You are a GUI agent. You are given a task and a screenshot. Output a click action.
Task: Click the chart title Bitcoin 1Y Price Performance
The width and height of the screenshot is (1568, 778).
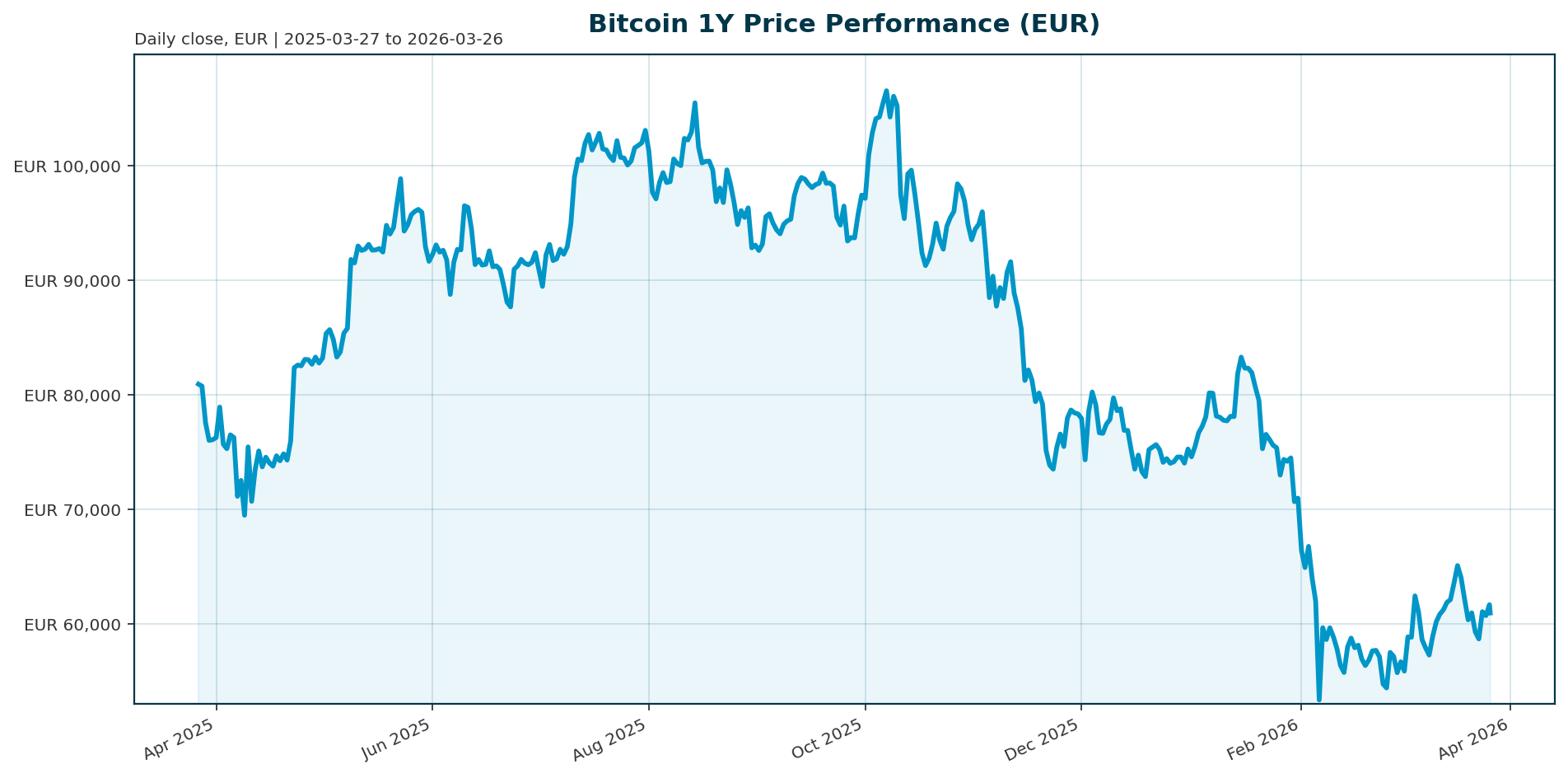pos(843,24)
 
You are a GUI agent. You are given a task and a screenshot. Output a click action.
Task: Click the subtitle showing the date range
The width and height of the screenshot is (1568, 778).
pos(318,40)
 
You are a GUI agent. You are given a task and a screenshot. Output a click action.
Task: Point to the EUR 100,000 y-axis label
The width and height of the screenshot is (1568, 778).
pos(68,166)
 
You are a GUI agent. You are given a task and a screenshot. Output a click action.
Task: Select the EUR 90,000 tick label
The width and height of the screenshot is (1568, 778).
pos(72,281)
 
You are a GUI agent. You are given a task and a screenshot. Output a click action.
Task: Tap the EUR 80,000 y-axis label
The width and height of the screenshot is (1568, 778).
pos(72,396)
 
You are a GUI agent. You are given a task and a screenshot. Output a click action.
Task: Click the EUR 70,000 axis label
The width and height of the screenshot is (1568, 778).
pos(72,510)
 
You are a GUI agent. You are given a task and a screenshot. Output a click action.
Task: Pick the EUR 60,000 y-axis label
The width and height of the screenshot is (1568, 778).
pos(72,625)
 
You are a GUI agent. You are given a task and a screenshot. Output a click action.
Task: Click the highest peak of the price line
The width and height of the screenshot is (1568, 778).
pos(886,91)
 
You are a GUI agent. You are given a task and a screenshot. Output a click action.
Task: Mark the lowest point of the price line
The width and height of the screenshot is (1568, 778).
pos(1318,700)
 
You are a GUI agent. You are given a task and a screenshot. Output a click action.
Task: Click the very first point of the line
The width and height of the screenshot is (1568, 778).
pos(198,384)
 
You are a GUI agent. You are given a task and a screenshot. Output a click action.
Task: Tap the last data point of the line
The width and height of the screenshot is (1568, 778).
pos(1490,613)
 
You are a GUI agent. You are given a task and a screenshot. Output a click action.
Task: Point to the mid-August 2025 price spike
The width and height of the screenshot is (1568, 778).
pos(695,103)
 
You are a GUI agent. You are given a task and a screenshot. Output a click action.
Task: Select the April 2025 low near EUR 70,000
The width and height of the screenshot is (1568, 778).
pos(245,515)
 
